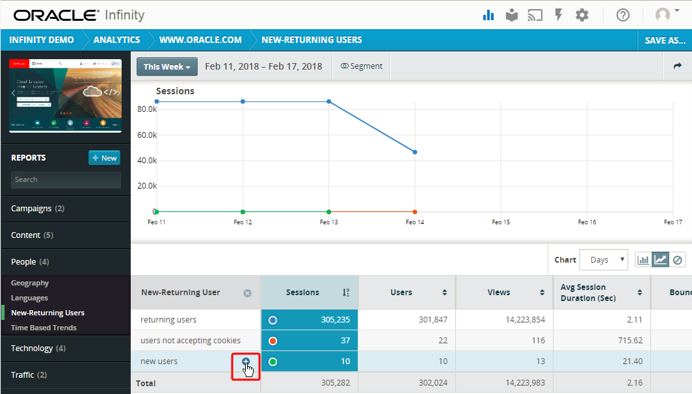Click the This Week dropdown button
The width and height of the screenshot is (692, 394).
click(167, 66)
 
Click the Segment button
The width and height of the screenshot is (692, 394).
click(362, 66)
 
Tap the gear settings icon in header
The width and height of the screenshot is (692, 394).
click(582, 15)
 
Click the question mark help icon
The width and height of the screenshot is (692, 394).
click(623, 15)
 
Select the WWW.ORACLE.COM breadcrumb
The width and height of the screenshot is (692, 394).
click(200, 40)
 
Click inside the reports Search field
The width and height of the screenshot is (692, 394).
click(66, 180)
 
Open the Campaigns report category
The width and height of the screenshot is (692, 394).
click(38, 209)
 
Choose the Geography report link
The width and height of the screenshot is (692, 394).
click(30, 283)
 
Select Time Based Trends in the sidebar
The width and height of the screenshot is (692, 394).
click(44, 328)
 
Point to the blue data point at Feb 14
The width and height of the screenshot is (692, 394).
click(415, 152)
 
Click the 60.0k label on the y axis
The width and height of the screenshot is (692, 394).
click(147, 135)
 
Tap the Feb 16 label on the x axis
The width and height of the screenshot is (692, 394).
click(587, 222)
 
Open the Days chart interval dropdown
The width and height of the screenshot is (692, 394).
click(604, 260)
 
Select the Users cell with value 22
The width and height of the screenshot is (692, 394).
click(406, 341)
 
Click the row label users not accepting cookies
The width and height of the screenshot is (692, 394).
click(191, 341)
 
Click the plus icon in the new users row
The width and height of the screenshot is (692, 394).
click(246, 361)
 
